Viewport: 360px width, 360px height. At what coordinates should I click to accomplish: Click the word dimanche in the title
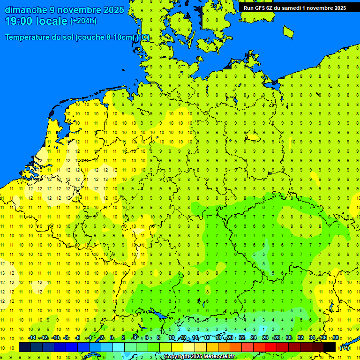pos(25,10)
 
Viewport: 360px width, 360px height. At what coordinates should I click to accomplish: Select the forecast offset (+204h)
pos(83,21)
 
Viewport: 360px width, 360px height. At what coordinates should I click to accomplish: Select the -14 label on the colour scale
pos(32,337)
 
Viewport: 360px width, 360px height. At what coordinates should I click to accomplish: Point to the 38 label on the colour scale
pos(336,337)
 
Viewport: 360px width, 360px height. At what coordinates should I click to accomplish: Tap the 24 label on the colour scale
pos(254,337)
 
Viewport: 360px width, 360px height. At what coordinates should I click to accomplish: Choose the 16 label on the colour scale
pos(207,337)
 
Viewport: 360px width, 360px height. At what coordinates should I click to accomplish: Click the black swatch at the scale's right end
pos(330,347)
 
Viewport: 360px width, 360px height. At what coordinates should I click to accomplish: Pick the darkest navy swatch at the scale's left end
pos(25,347)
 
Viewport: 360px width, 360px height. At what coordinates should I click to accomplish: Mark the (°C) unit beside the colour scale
pos(345,347)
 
